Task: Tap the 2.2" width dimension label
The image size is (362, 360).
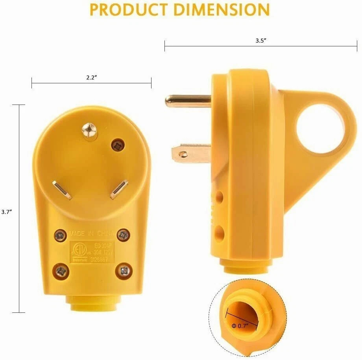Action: [x=92, y=77]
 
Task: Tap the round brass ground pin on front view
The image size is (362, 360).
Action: [x=89, y=130]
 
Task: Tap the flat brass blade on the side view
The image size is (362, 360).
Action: [x=191, y=153]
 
